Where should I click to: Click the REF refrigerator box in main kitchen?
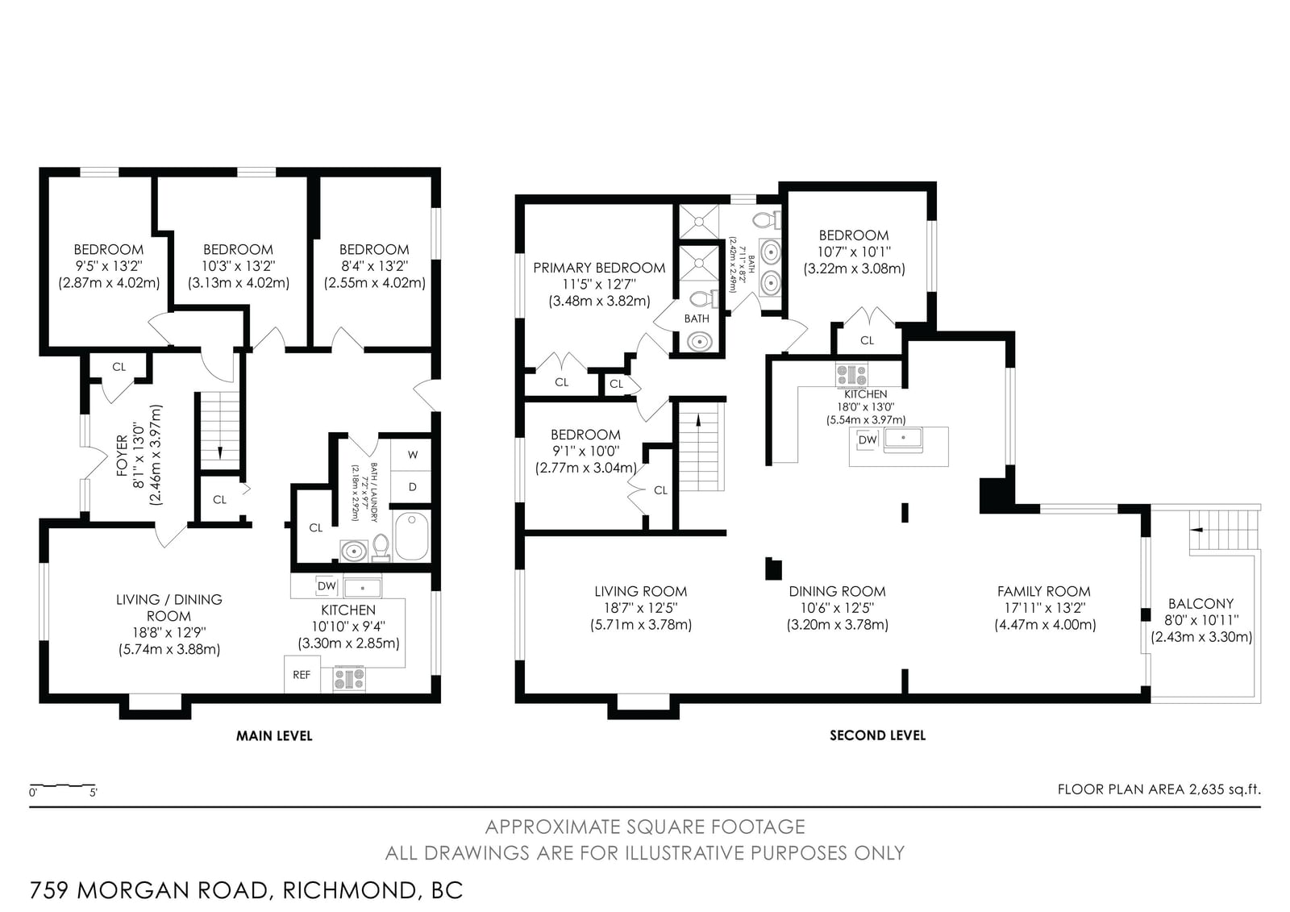coord(302,674)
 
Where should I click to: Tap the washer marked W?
coord(411,455)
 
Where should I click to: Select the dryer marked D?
coord(411,487)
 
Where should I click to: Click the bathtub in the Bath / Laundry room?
coord(412,535)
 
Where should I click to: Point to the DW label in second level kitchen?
coord(868,439)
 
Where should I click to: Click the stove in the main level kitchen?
coord(349,678)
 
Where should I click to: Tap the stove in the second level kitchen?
coord(851,374)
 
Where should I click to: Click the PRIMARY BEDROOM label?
coord(599,268)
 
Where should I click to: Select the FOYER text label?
coord(122,456)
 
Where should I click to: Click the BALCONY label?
coord(1201,604)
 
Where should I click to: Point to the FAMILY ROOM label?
coord(1043,591)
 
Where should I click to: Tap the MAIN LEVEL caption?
coord(274,735)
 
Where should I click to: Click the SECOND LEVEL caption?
coord(877,735)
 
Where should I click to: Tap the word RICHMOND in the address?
coord(349,890)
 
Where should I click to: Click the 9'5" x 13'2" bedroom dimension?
coord(108,266)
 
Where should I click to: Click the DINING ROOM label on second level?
coord(837,591)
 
